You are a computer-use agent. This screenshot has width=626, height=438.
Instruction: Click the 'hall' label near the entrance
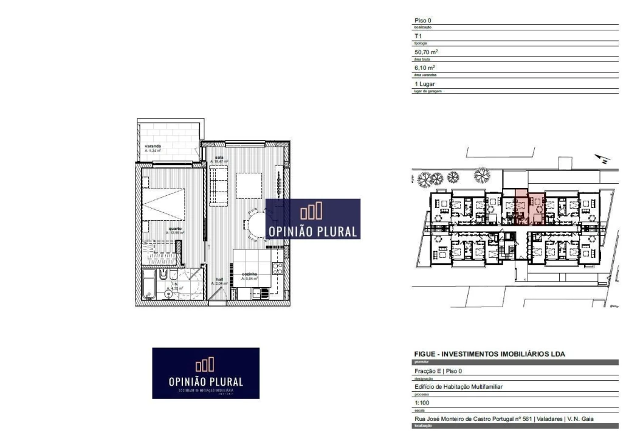click(219, 280)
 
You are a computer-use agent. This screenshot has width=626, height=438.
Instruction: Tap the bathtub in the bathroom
click(148, 286)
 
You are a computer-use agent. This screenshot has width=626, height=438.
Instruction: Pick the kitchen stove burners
click(277, 269)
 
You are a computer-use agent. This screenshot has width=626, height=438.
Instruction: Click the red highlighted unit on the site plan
click(529, 207)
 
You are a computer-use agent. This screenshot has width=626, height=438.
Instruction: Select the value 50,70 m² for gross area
click(426, 52)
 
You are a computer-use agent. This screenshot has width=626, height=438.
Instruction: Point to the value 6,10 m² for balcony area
click(425, 68)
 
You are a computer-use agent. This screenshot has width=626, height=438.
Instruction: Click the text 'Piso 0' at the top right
click(423, 21)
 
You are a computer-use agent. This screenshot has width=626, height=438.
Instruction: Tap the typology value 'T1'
click(418, 36)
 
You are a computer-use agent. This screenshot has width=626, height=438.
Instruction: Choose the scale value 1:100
click(421, 403)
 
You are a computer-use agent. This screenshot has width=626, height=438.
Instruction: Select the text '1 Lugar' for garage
click(425, 84)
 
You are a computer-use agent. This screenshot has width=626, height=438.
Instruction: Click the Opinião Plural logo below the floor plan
click(205, 373)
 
